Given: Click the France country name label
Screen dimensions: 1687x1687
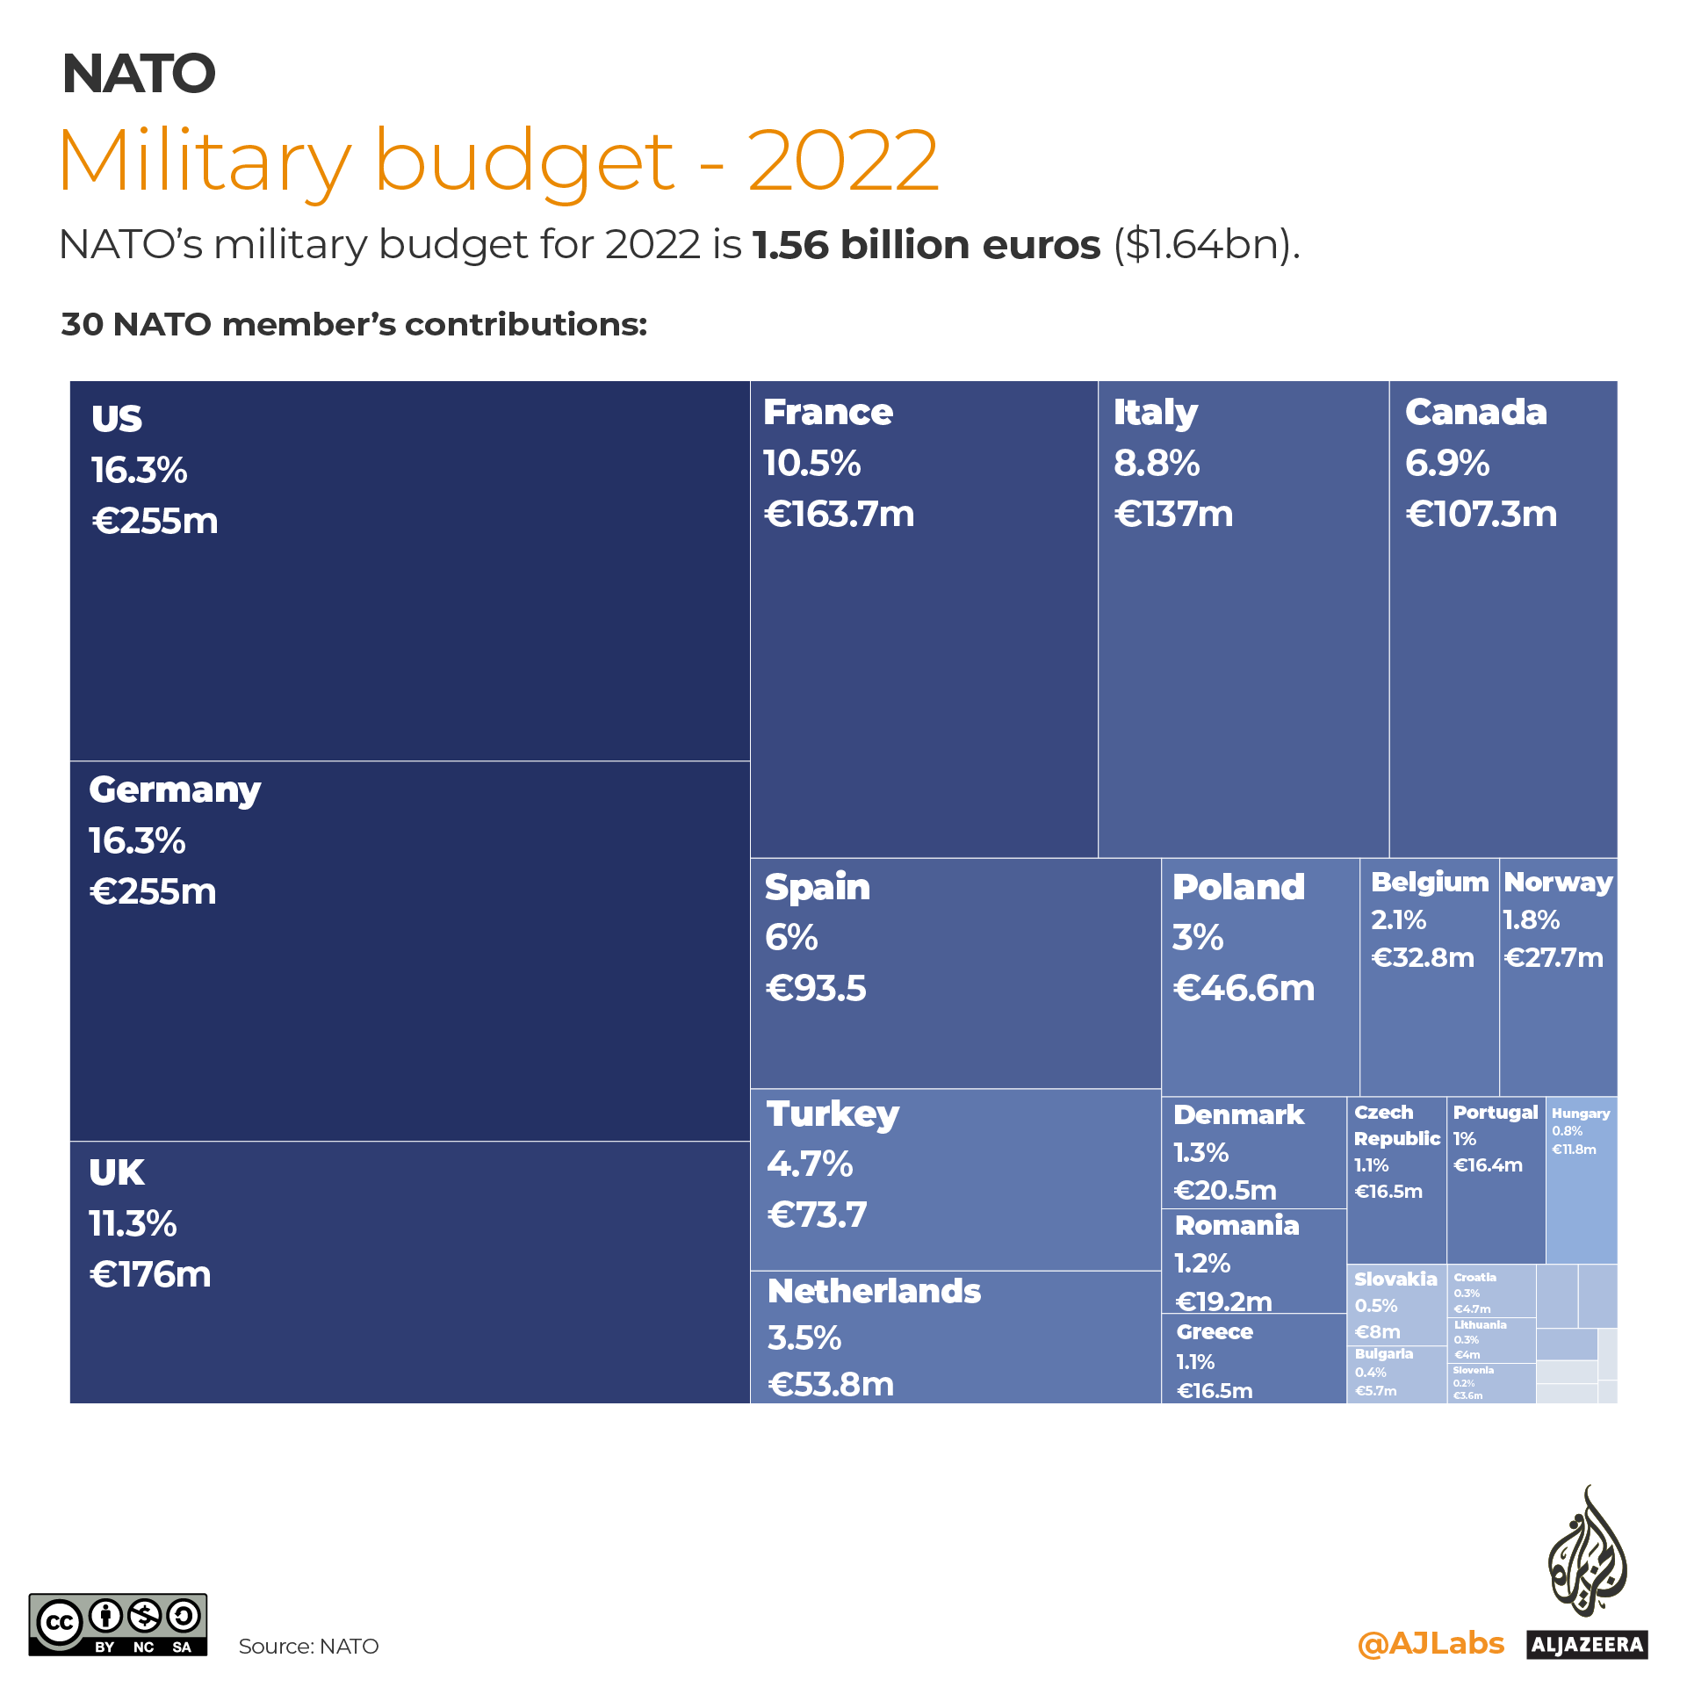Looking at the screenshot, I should click(827, 412).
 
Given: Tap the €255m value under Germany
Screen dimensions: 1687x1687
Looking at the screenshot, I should click(153, 891).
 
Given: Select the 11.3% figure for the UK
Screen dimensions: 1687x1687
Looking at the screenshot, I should click(133, 1223).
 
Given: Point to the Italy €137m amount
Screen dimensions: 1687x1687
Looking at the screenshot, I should click(1173, 514).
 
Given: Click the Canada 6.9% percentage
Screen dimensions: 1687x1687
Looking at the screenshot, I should click(1446, 463).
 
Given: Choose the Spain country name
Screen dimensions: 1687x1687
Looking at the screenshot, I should click(817, 887).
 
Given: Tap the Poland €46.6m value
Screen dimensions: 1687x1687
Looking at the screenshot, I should click(1244, 988).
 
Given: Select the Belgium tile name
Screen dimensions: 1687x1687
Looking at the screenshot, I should click(1429, 882).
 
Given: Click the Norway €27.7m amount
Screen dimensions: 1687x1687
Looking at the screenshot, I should click(1554, 957).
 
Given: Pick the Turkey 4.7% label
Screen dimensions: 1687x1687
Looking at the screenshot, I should click(809, 1164).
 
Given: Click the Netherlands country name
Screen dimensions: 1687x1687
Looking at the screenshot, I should click(874, 1291).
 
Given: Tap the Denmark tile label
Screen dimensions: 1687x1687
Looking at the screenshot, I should click(1238, 1114).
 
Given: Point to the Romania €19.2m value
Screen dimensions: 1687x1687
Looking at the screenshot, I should click(1223, 1301).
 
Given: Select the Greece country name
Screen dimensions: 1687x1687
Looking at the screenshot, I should click(1215, 1331).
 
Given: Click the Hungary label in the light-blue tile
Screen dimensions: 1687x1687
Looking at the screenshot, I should click(1581, 1114).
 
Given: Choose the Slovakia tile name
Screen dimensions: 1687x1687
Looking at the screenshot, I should click(1395, 1279).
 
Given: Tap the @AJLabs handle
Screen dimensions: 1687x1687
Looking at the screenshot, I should click(1430, 1643).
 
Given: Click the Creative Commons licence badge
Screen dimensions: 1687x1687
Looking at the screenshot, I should click(118, 1625).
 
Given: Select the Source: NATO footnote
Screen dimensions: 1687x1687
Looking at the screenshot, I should click(308, 1647).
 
